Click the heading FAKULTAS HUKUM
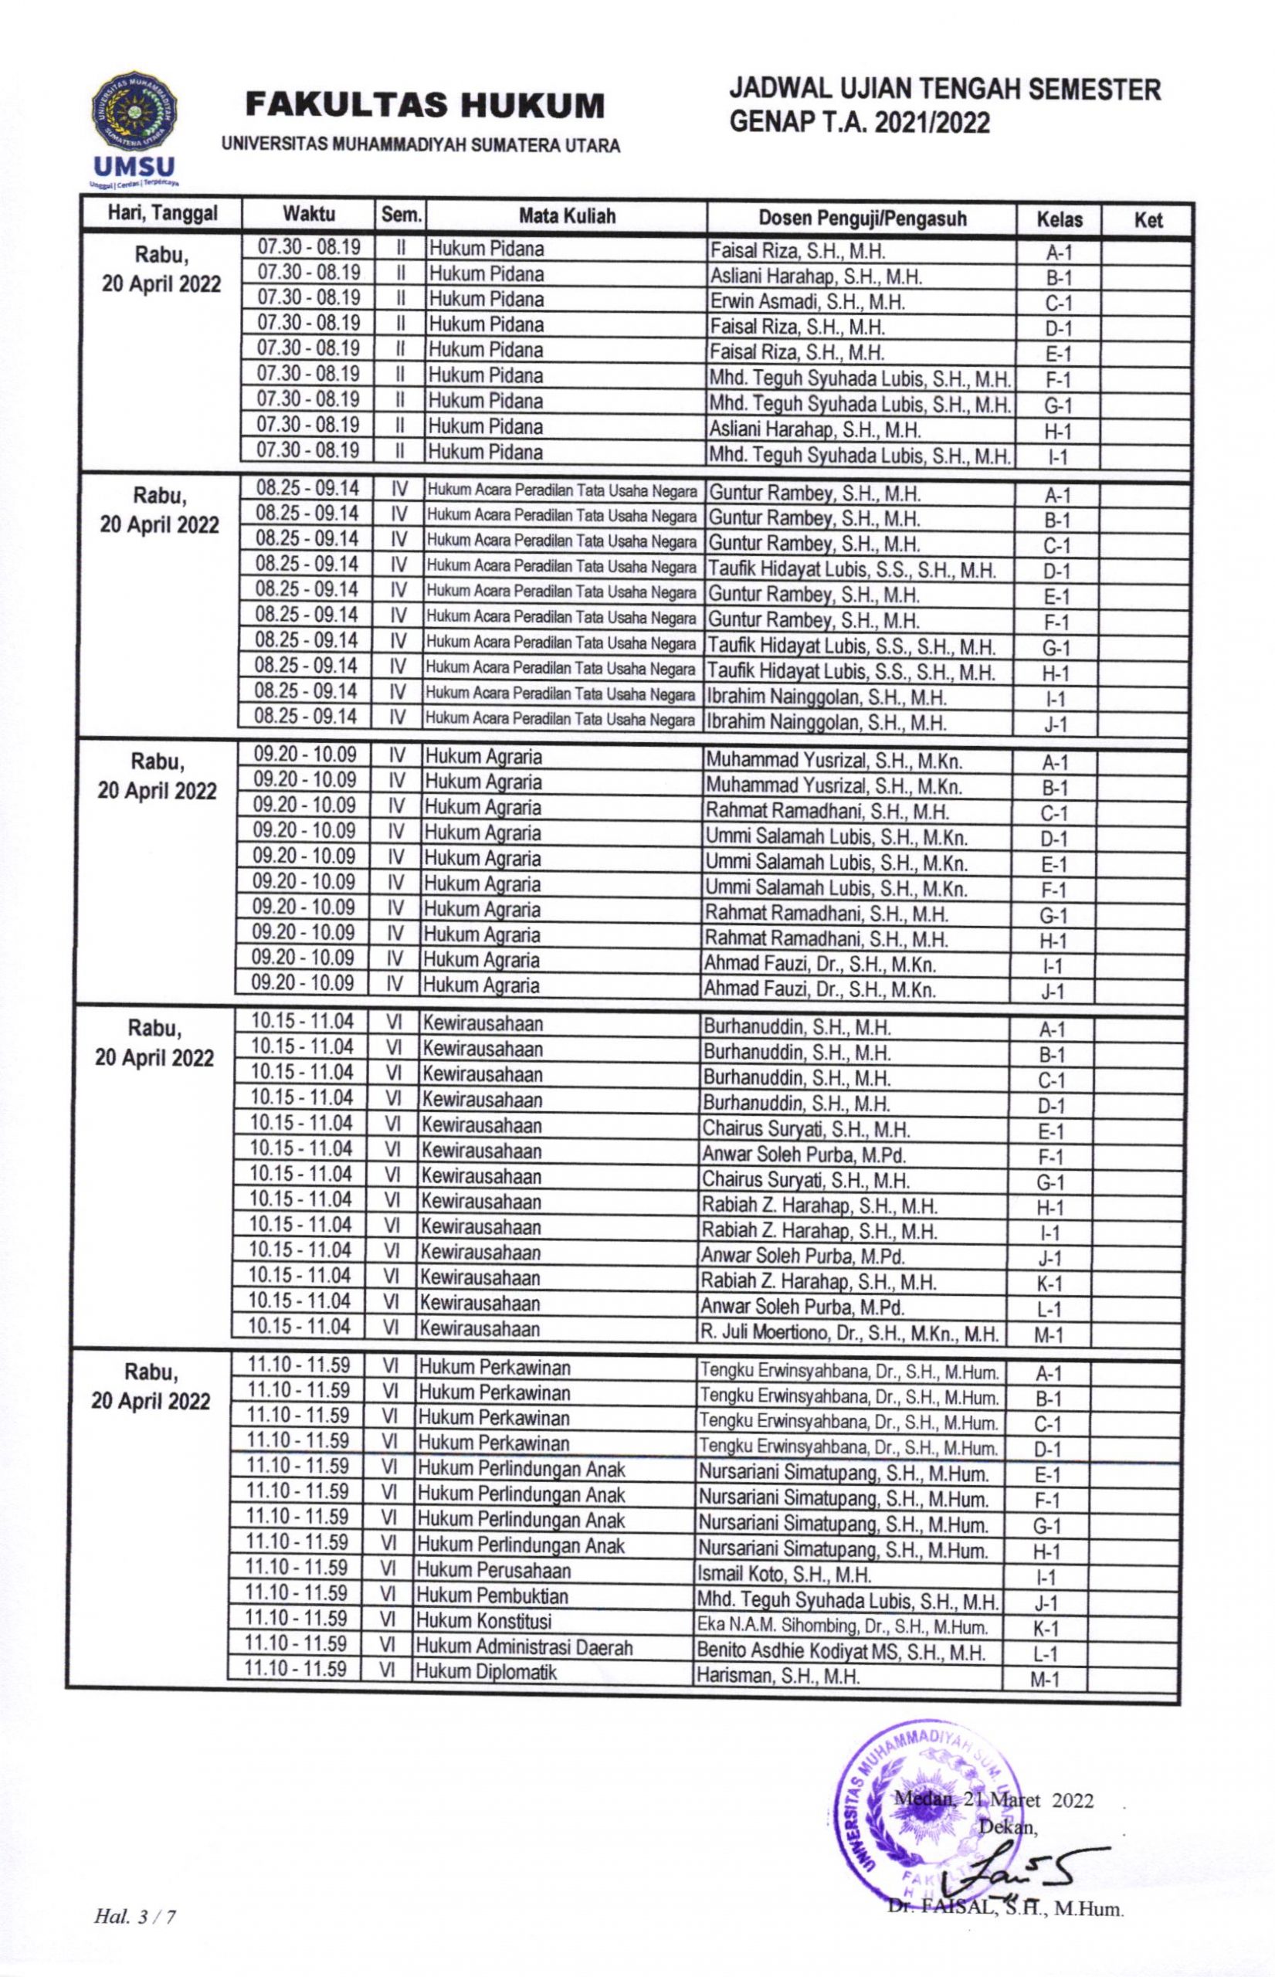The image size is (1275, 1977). click(x=425, y=105)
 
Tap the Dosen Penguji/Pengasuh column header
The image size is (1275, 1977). click(x=862, y=219)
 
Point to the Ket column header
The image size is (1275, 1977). click(x=1148, y=220)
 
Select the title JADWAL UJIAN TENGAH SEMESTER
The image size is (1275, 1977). click(x=944, y=90)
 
